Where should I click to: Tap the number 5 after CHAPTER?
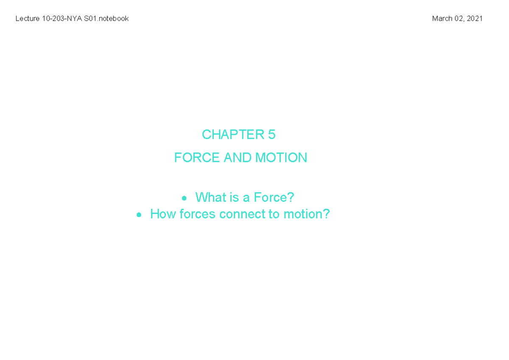pyautogui.click(x=272, y=135)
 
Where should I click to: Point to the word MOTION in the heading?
pyautogui.click(x=281, y=158)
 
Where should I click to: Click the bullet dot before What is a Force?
pyautogui.click(x=184, y=198)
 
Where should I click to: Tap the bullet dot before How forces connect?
pyautogui.click(x=139, y=215)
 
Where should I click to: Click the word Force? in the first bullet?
pyautogui.click(x=274, y=197)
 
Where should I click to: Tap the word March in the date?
pyautogui.click(x=442, y=19)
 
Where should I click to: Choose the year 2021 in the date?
pyautogui.click(x=475, y=19)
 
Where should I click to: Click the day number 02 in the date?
pyautogui.click(x=459, y=19)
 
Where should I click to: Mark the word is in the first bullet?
pyautogui.click(x=235, y=197)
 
